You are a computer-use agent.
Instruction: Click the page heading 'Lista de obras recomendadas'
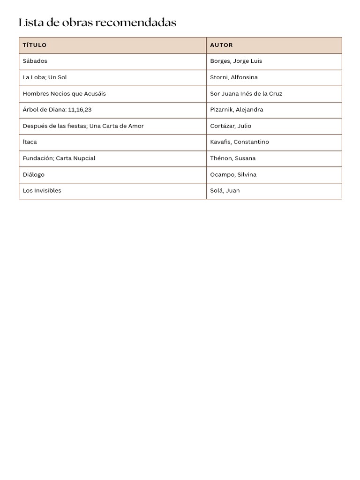point(97,22)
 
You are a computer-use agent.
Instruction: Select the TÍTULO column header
point(35,45)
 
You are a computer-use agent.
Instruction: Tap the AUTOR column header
point(221,45)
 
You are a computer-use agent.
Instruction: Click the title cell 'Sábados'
point(35,61)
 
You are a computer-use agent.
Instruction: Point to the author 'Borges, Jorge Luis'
point(236,61)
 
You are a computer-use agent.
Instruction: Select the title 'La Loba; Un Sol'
point(45,77)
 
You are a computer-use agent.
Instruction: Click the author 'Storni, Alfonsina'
point(234,77)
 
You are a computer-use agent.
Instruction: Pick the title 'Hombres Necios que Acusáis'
point(64,93)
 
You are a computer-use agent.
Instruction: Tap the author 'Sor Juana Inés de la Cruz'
point(246,93)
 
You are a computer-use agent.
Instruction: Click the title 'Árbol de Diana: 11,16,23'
point(57,110)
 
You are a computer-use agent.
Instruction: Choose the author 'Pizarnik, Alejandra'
point(237,110)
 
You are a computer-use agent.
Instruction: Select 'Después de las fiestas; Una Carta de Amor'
point(83,126)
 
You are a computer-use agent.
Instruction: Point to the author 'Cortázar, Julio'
point(231,126)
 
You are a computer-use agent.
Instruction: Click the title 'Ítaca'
point(30,142)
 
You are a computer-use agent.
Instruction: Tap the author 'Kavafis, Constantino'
point(240,142)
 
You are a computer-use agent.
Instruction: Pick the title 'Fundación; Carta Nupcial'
point(59,158)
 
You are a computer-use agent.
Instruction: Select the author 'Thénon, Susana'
point(233,158)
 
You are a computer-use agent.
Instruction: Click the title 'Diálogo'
point(34,174)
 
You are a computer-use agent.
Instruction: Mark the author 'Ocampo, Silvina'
point(233,174)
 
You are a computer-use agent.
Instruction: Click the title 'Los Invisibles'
point(42,190)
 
